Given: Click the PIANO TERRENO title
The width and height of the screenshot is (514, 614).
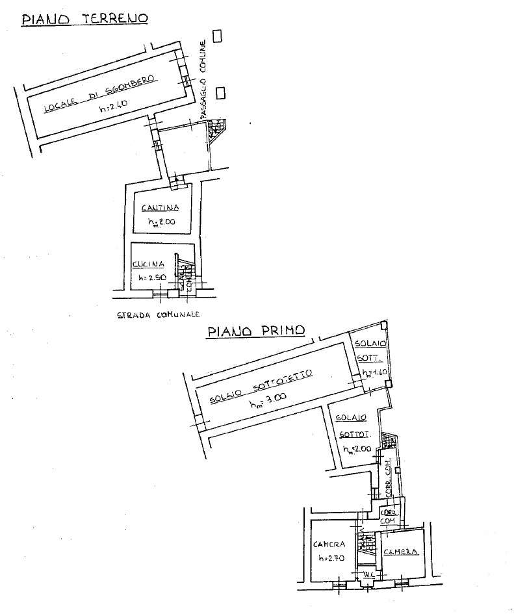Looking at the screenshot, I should coord(85,18).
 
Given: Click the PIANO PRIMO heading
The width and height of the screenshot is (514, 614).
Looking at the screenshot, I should coord(255,331).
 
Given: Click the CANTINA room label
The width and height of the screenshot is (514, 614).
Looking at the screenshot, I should coord(159,208).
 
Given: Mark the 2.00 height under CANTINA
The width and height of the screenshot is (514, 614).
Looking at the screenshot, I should coord(164,223).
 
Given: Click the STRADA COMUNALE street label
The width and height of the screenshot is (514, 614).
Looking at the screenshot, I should coord(153,316).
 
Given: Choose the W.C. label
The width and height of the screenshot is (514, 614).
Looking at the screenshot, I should coord(368,574).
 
